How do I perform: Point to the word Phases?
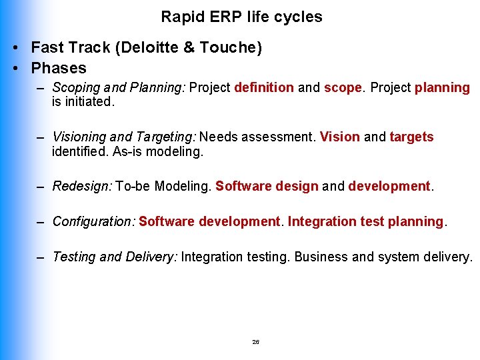pyautogui.click(x=59, y=68)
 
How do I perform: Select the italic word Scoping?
pyautogui.click(x=75, y=88)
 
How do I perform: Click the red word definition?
pyautogui.click(x=263, y=88)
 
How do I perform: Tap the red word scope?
pyautogui.click(x=343, y=88)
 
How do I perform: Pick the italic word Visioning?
pyautogui.click(x=79, y=137)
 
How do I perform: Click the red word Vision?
pyautogui.click(x=339, y=137)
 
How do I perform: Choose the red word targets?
pyautogui.click(x=411, y=137)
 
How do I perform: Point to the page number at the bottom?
pyautogui.click(x=255, y=342)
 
